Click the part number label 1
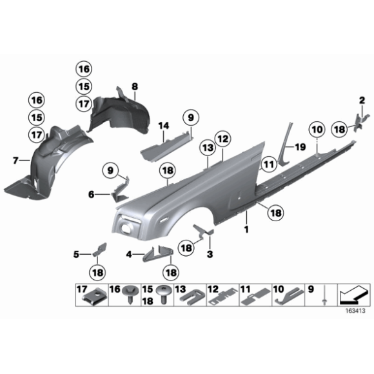tap(246, 228)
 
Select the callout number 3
tap(210, 255)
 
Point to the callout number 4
tap(129, 255)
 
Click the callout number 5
tap(76, 255)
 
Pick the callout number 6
tap(91, 193)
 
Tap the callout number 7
tap(16, 159)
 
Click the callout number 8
tap(134, 86)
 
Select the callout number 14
tap(163, 125)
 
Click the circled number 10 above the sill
tap(316, 130)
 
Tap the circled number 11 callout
tap(266, 166)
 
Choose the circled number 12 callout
tap(222, 138)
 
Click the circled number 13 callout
tap(207, 148)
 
